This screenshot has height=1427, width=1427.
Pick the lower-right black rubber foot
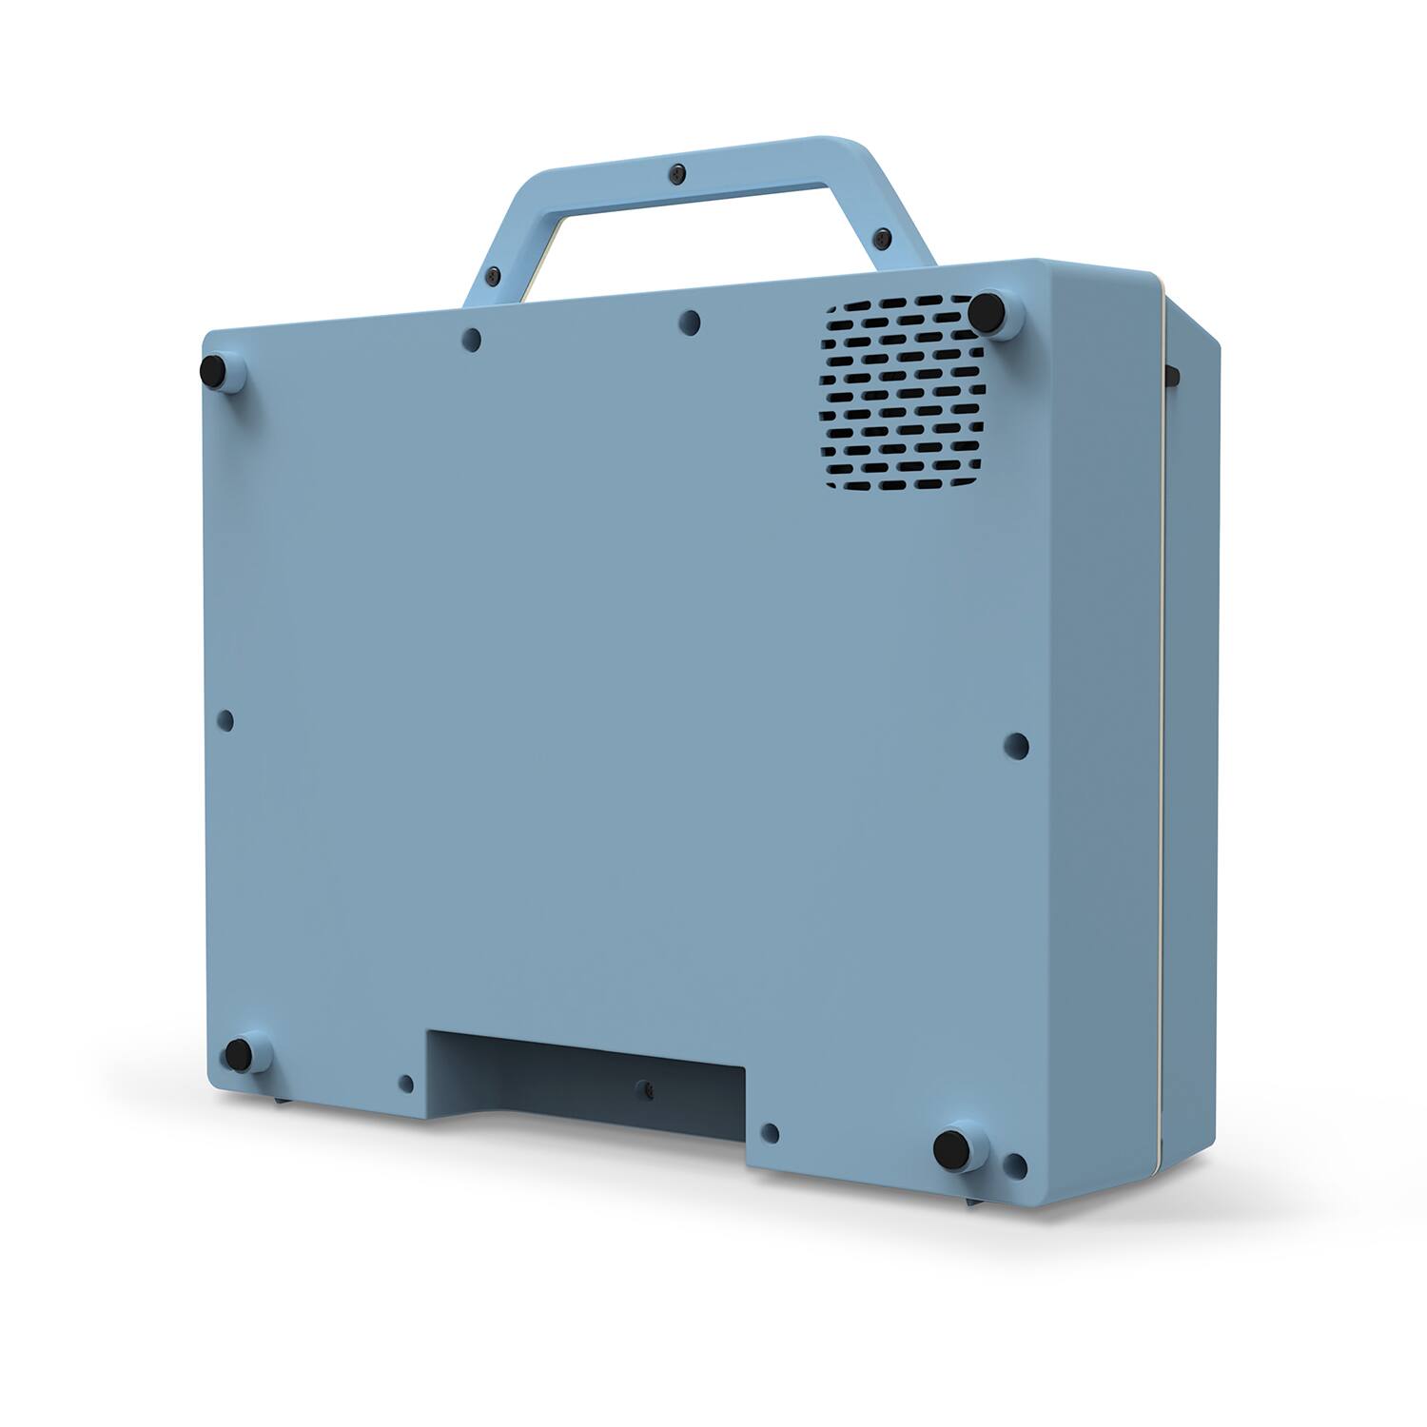[x=949, y=1148]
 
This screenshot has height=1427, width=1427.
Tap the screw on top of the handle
[x=676, y=173]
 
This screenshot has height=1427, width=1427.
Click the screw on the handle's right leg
[x=884, y=234]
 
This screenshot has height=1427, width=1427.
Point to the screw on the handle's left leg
[x=492, y=276]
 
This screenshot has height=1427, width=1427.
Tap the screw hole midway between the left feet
[x=226, y=720]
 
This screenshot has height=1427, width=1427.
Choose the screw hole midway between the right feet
[x=1016, y=745]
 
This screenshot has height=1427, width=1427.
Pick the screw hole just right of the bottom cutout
[x=771, y=1132]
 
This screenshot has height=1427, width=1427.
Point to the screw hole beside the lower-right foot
[x=1014, y=1164]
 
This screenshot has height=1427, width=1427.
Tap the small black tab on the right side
[x=1174, y=374]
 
